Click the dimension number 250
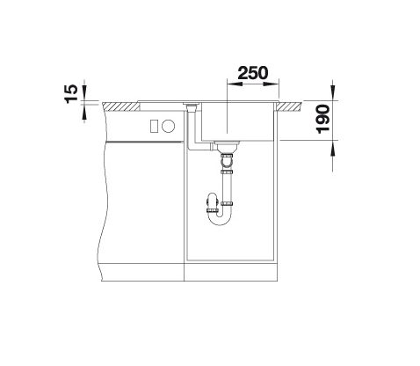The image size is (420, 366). (x=252, y=73)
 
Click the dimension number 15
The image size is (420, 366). (x=71, y=94)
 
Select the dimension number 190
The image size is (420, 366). (x=323, y=119)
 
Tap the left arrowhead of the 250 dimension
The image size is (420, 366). (x=235, y=84)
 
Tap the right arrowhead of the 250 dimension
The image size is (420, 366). (x=271, y=84)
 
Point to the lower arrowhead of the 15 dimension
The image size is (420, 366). (x=84, y=112)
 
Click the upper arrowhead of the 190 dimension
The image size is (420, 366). (x=333, y=92)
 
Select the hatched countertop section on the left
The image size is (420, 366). (x=121, y=106)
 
